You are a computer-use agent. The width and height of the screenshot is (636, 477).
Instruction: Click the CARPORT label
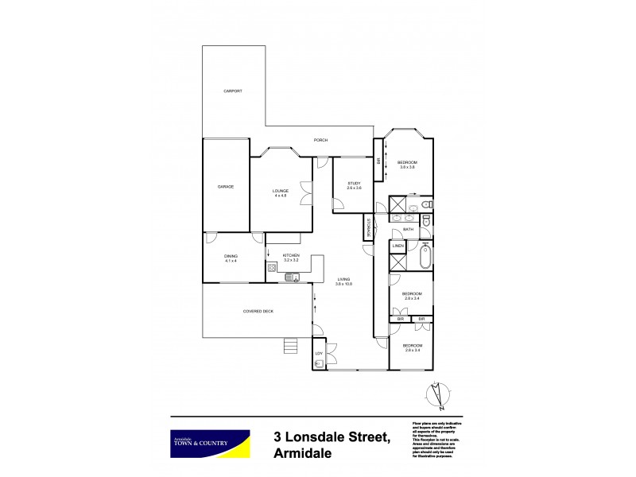[x=233, y=91]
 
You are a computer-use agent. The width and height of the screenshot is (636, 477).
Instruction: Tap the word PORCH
[x=320, y=141]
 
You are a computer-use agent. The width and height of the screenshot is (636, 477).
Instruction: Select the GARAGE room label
[x=226, y=186]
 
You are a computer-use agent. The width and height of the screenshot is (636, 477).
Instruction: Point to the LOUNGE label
[x=281, y=191]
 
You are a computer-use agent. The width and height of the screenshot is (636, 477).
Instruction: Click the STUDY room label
[x=354, y=184]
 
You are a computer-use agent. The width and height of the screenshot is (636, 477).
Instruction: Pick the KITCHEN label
[x=290, y=256]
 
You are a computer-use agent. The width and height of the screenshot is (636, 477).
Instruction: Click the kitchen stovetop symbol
[x=272, y=268]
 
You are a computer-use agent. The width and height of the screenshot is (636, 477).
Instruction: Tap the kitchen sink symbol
[x=292, y=277]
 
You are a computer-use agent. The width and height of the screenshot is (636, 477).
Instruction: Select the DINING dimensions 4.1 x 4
[x=231, y=261]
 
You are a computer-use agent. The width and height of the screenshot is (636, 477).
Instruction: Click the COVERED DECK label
[x=258, y=311]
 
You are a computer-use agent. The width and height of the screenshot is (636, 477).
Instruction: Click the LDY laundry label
[x=319, y=353]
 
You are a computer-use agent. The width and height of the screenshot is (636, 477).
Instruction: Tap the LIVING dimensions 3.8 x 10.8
[x=343, y=284]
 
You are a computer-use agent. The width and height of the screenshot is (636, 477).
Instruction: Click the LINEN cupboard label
[x=399, y=246]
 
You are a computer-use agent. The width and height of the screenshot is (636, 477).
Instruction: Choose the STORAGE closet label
[x=368, y=227]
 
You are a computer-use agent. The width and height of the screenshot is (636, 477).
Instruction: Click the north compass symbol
[x=436, y=395]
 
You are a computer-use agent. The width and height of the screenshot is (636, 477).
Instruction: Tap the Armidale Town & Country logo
[x=211, y=444]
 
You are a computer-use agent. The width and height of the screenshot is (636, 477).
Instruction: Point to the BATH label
[x=408, y=230]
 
